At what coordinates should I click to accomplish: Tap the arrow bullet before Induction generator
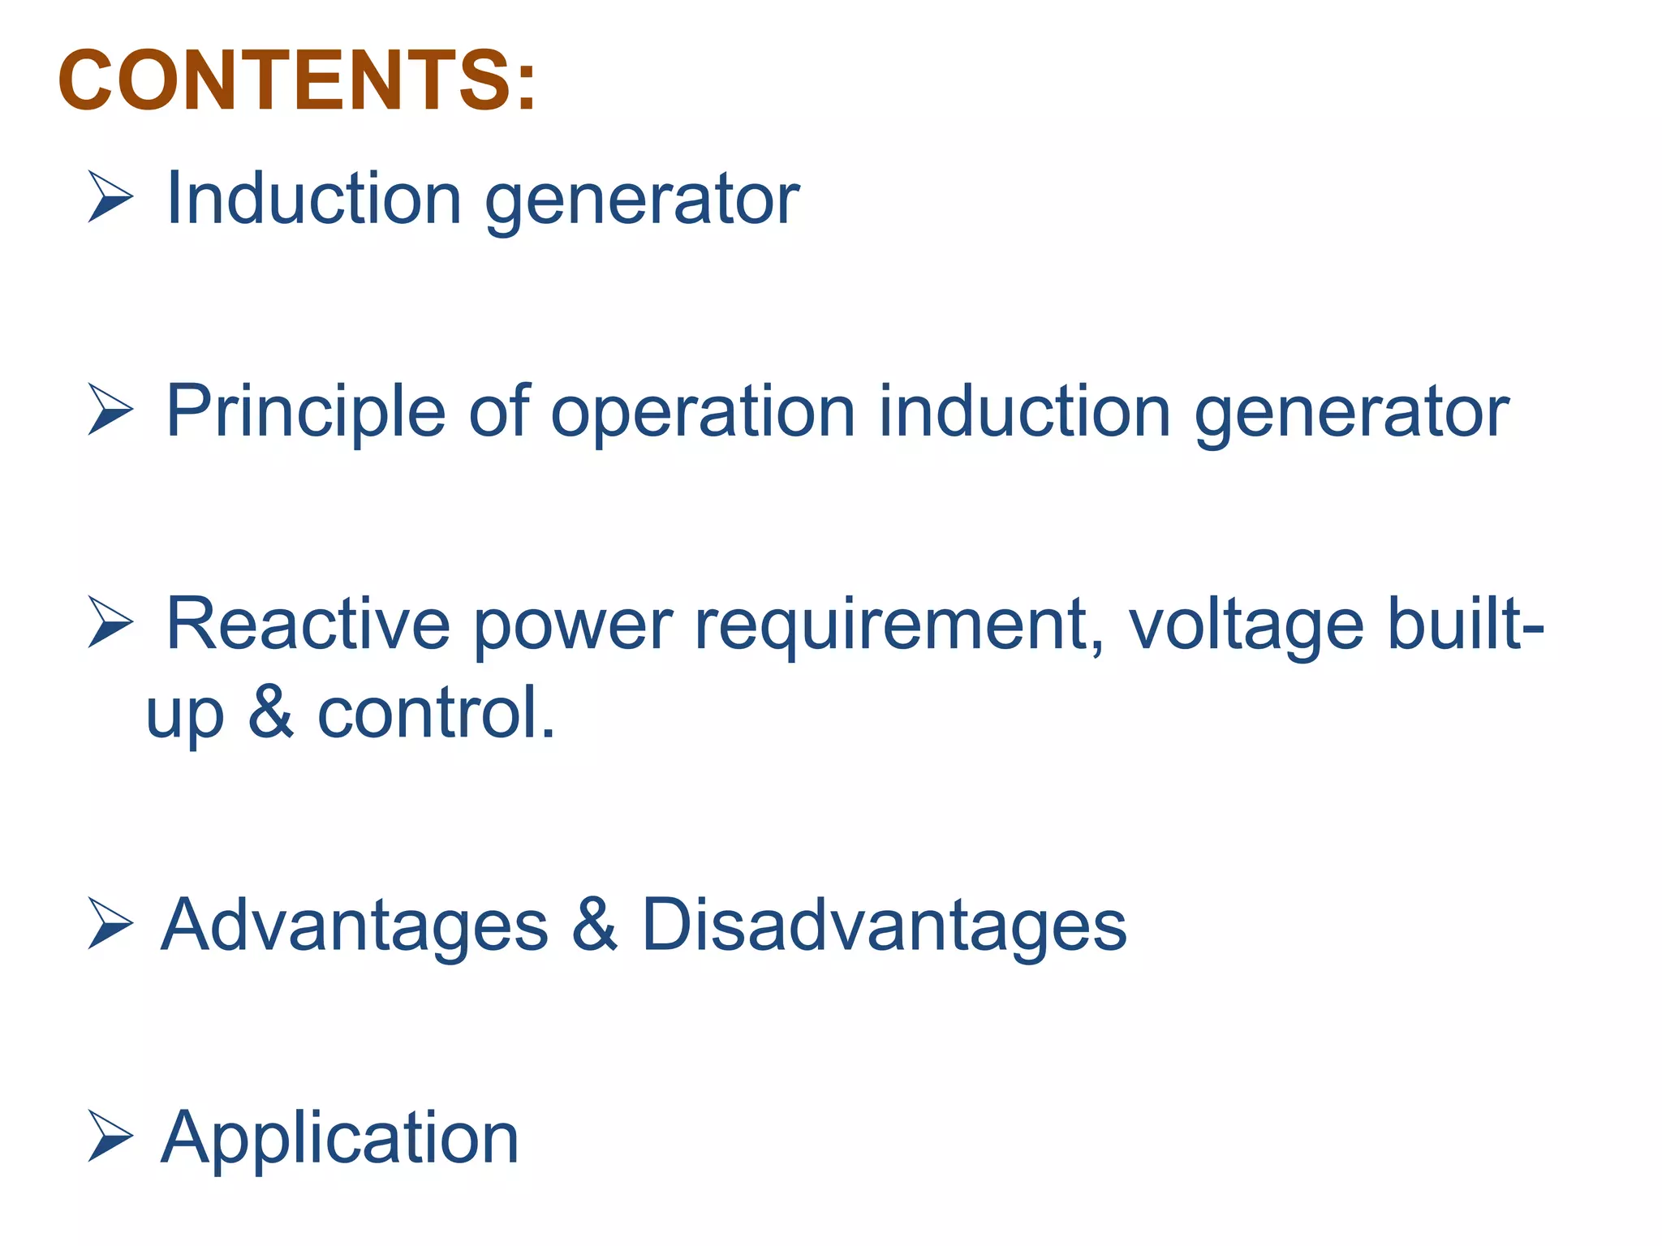(x=110, y=197)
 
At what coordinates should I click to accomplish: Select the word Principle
(x=305, y=411)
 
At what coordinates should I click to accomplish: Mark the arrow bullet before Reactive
(x=110, y=622)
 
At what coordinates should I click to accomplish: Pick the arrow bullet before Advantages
(x=110, y=924)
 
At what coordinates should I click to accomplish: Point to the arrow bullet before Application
(x=110, y=1136)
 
